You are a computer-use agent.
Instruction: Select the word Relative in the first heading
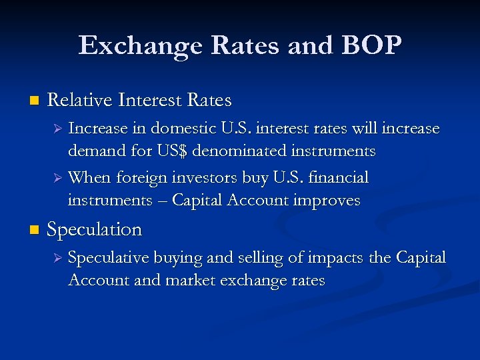80,101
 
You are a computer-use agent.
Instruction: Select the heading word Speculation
95,229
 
